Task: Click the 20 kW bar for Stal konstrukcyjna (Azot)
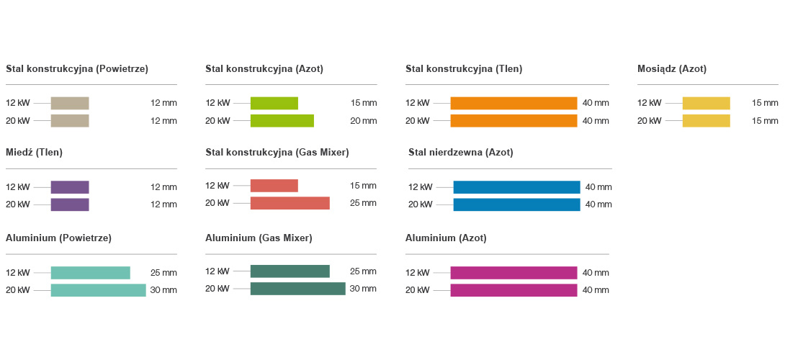282,121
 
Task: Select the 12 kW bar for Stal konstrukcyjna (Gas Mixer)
274,186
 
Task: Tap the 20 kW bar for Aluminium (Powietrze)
98,290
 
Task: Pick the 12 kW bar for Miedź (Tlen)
70,187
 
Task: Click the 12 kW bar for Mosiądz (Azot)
706,103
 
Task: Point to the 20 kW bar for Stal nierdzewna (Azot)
516,204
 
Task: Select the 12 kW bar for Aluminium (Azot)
513,273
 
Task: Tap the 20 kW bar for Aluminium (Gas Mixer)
297,289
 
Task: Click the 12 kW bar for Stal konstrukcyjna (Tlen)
513,103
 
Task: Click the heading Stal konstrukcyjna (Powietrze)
77,69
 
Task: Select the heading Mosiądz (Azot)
672,69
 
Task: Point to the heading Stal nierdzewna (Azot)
461,153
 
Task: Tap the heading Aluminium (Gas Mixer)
259,238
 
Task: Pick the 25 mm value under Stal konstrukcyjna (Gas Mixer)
363,203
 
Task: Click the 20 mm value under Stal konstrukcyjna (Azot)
363,121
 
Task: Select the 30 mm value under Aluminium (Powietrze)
163,290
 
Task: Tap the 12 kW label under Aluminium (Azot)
417,273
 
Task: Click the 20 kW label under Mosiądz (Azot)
649,121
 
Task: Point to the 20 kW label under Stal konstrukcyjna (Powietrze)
18,121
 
